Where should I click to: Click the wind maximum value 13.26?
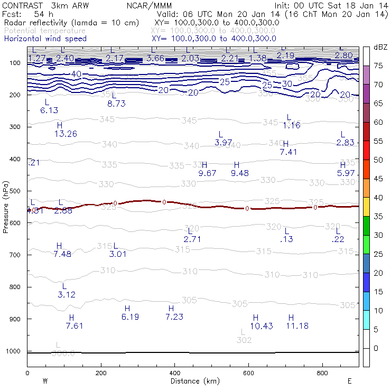(x=66, y=134)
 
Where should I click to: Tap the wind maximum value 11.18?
(x=297, y=326)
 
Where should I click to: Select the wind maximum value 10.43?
(x=261, y=326)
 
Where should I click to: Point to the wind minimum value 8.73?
(x=116, y=104)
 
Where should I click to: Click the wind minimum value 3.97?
(x=224, y=143)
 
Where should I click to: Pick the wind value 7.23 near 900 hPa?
(x=174, y=316)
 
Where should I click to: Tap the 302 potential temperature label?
(x=244, y=340)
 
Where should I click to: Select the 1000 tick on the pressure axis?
(x=13, y=351)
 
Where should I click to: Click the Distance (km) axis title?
(x=192, y=381)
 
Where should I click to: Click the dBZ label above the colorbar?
(x=380, y=48)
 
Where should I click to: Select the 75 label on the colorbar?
(x=378, y=66)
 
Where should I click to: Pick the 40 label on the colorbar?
(x=378, y=198)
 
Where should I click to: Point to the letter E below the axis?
(x=349, y=380)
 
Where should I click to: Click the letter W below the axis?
(x=45, y=380)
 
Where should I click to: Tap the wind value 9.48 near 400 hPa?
(x=240, y=173)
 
